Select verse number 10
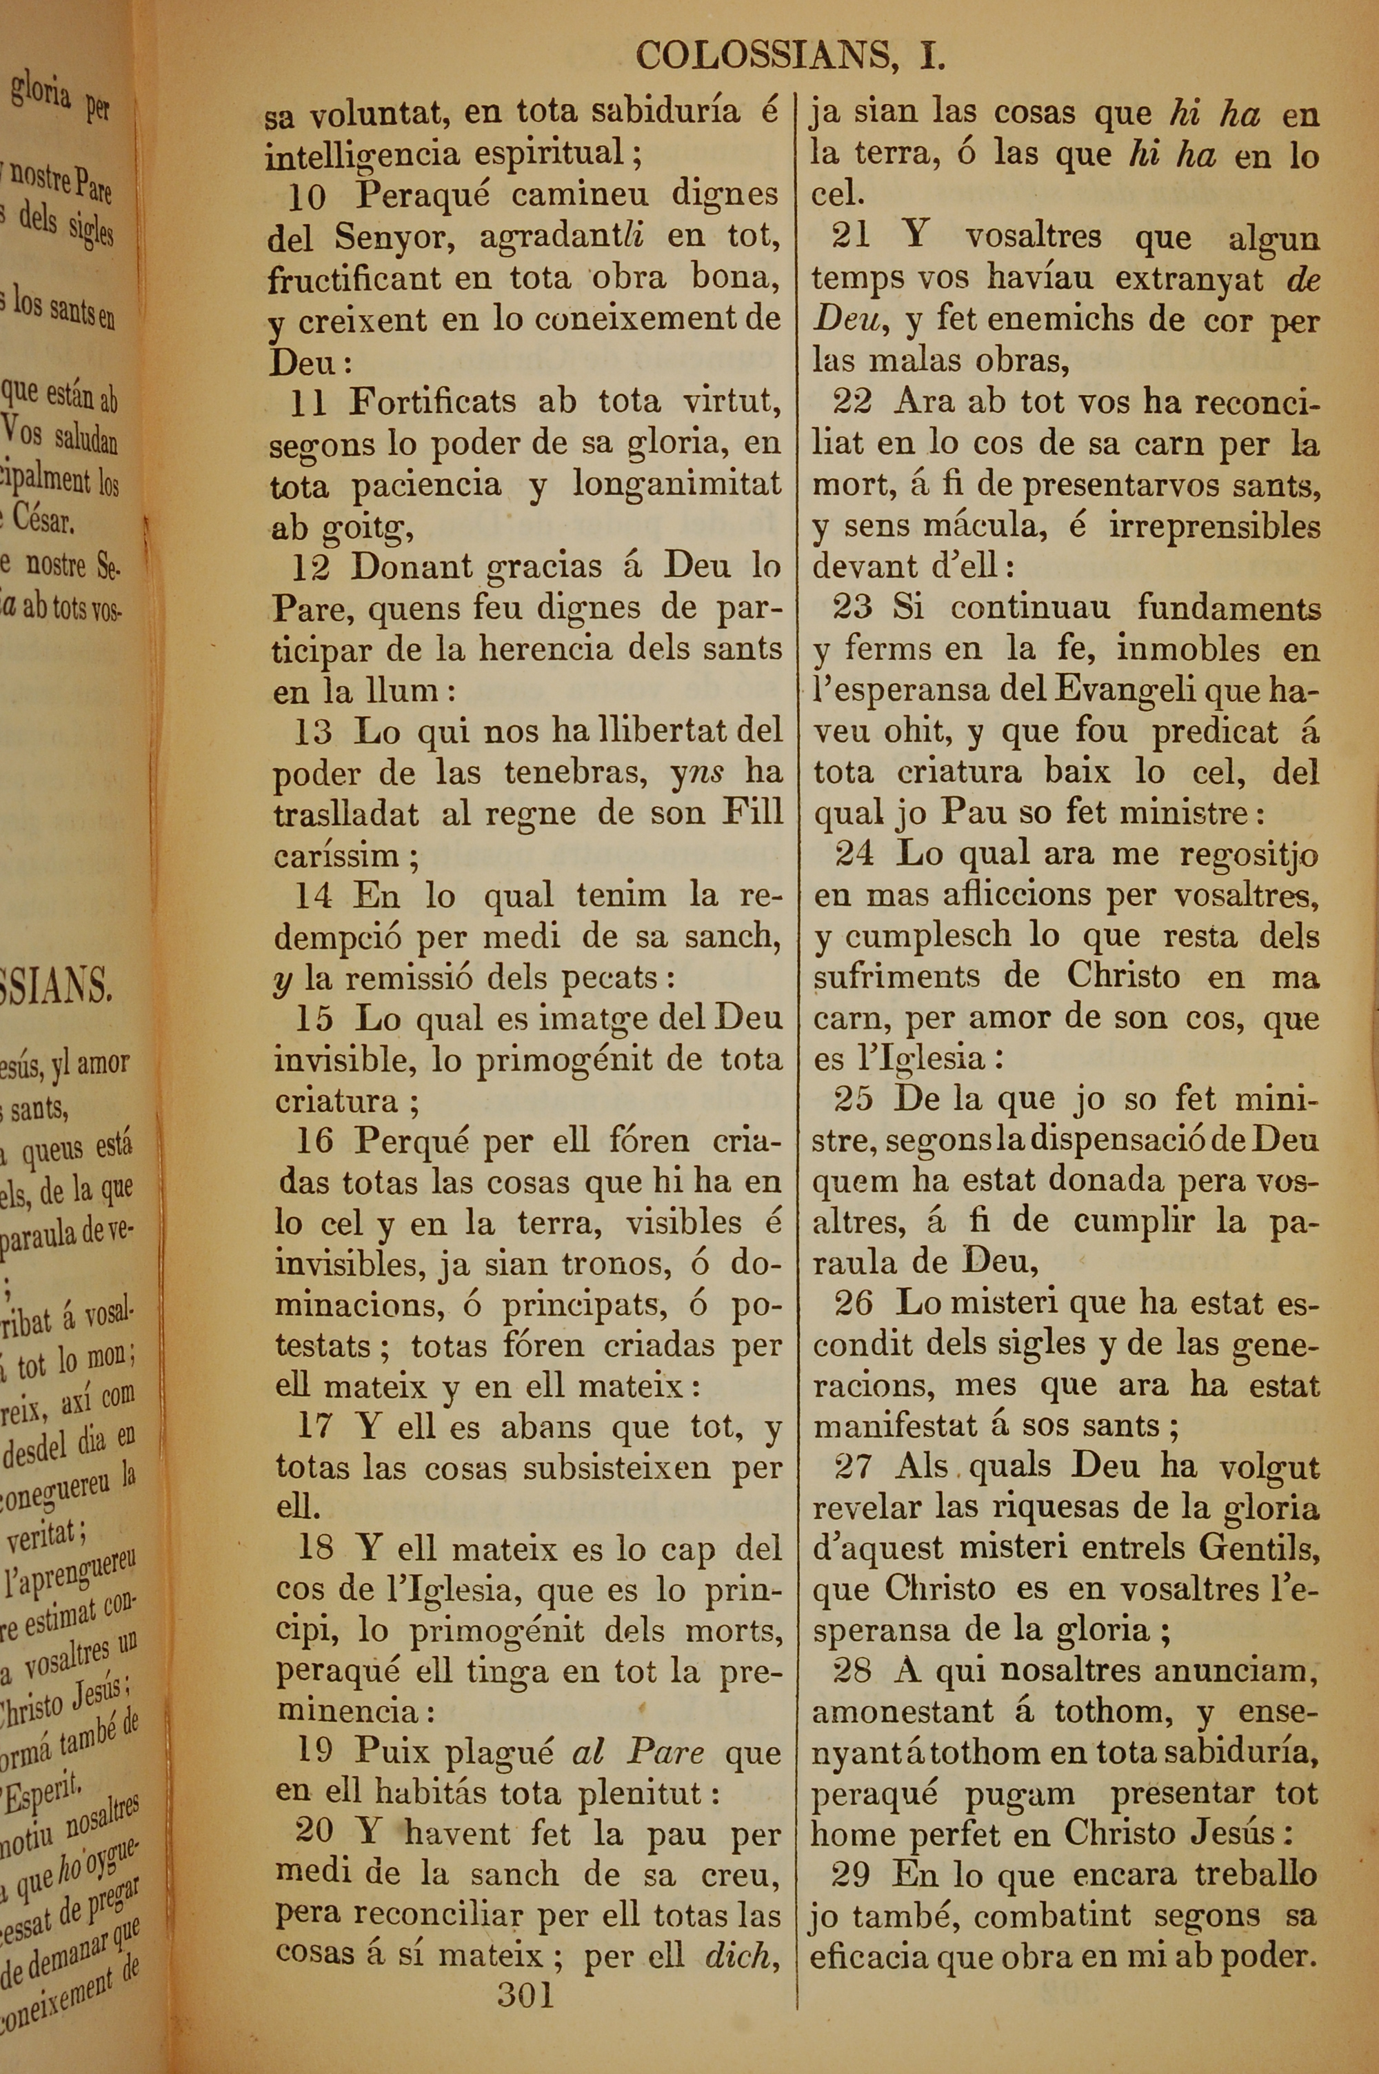308,197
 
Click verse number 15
314,1019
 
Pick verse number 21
850,236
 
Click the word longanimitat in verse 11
676,485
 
